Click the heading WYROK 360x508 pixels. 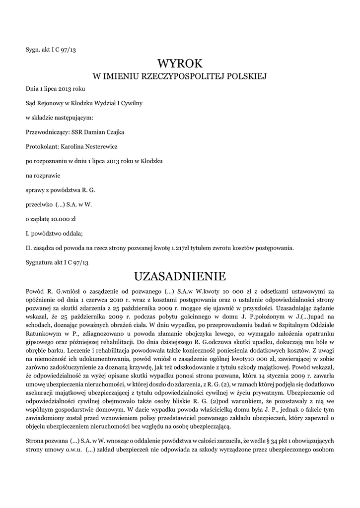(180, 63)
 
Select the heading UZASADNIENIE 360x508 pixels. (180, 275)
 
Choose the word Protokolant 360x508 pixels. (42, 146)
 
